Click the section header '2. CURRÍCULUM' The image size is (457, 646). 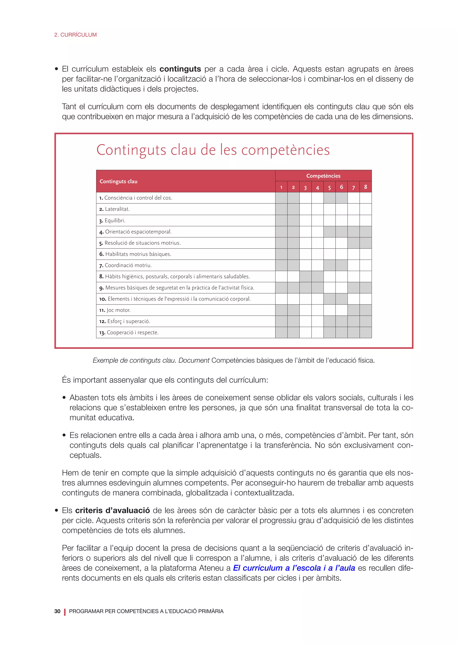(75, 35)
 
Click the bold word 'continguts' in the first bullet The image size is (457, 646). (180, 69)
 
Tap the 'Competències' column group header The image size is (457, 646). (323, 176)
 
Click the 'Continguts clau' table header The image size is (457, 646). (118, 182)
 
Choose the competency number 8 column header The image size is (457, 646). (365, 187)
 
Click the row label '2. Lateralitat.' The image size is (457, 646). (114, 209)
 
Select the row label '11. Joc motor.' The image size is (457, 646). (115, 310)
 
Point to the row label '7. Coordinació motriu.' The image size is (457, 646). (125, 265)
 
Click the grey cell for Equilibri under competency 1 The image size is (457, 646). (281, 221)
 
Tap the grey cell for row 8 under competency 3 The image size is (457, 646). (305, 277)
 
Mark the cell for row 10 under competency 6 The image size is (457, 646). (341, 299)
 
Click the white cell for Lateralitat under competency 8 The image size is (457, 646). (365, 209)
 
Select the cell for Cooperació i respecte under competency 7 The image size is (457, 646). (353, 333)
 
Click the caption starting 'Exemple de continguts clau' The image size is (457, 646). (234, 360)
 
